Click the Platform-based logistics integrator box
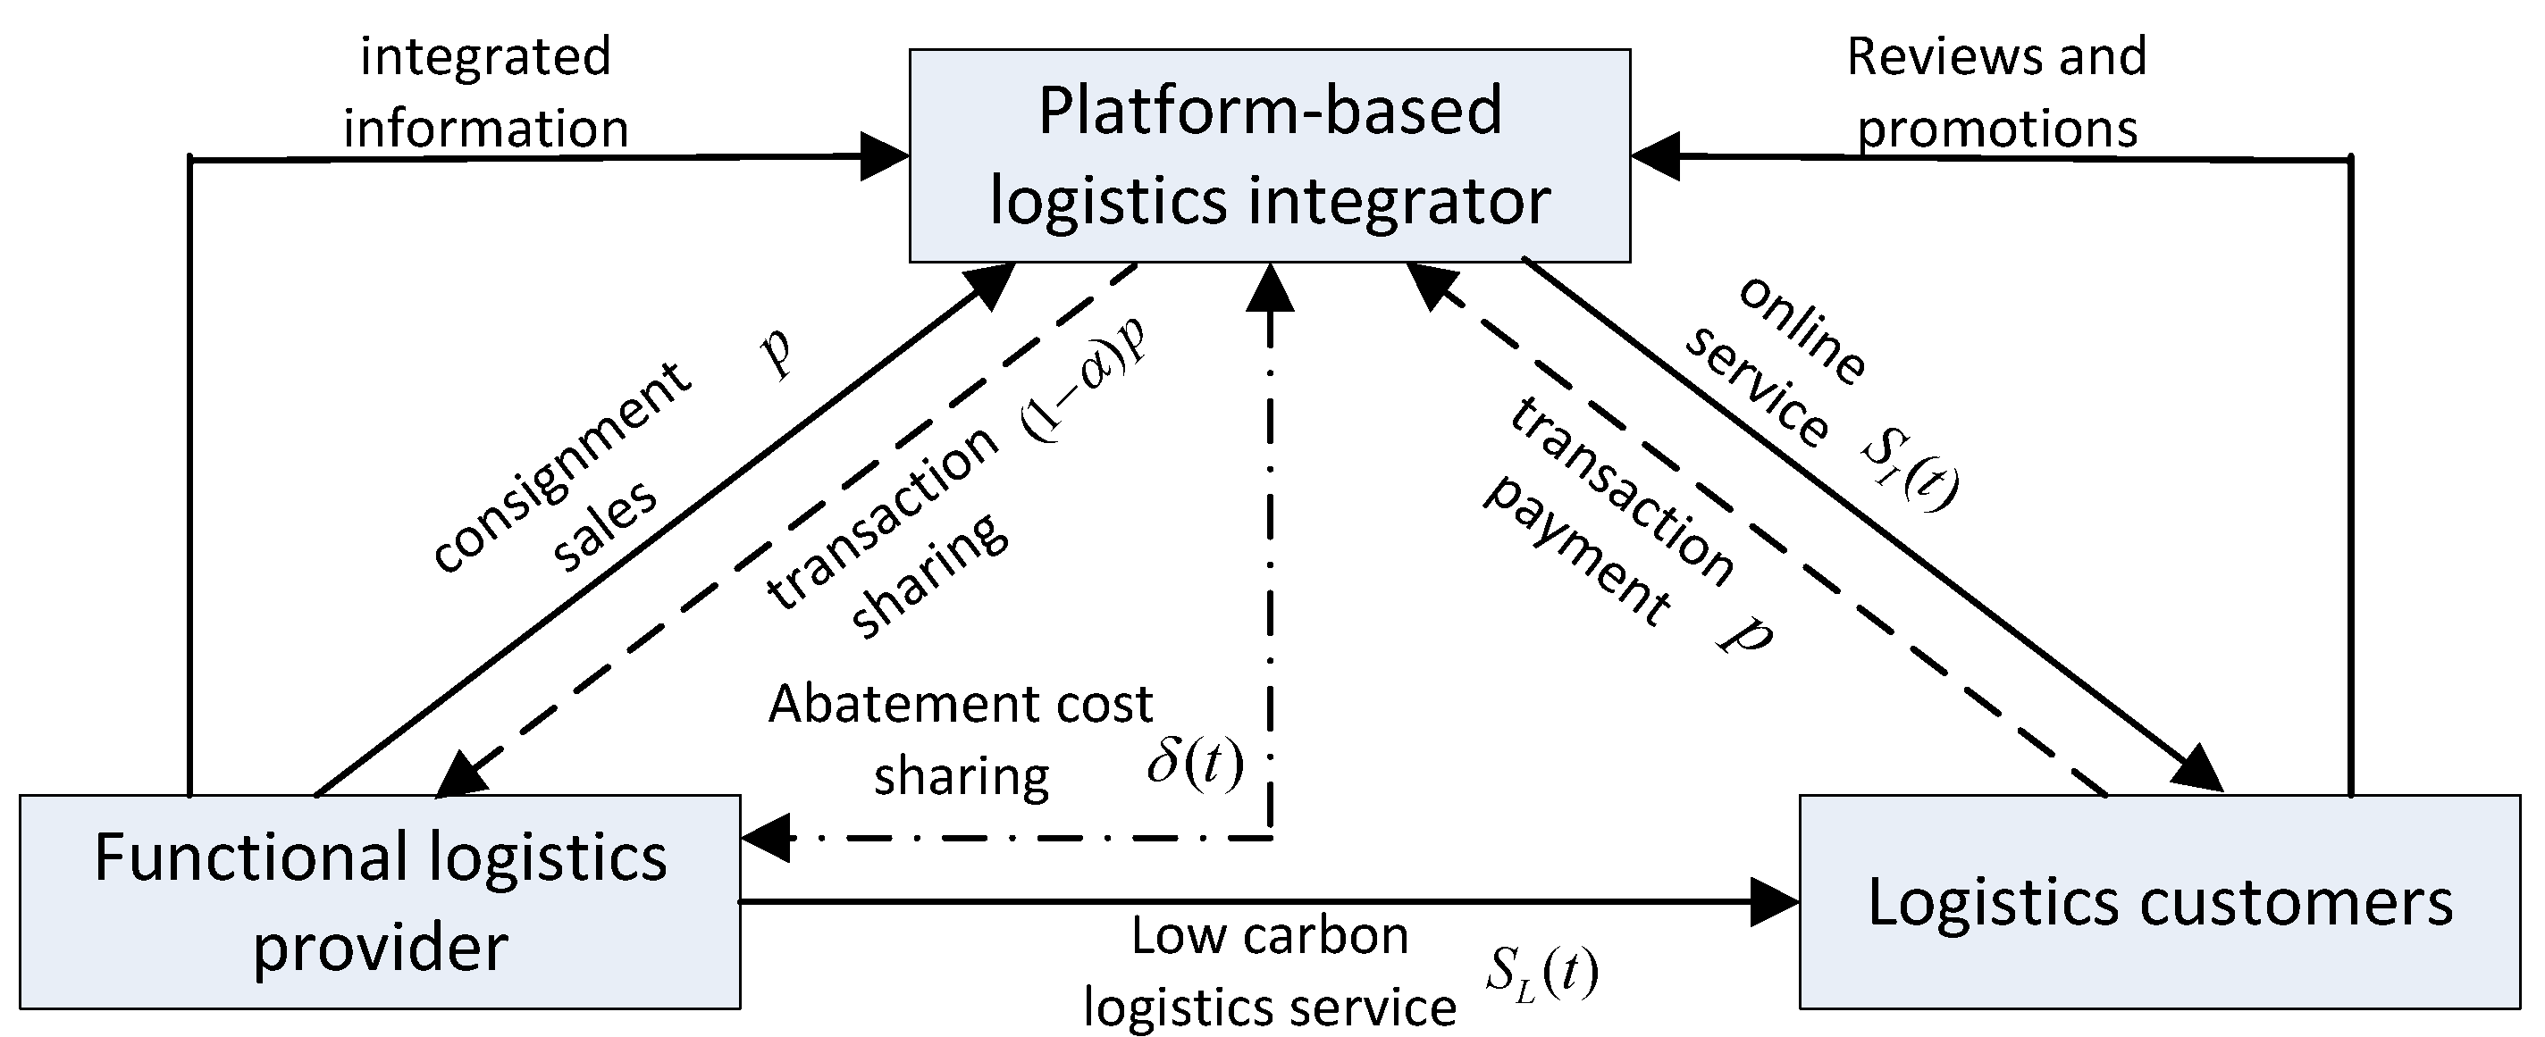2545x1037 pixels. point(1269,155)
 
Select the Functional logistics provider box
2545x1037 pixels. point(380,900)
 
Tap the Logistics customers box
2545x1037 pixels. point(2159,900)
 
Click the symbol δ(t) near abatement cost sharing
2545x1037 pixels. point(1195,764)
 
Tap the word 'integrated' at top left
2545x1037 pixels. point(485,56)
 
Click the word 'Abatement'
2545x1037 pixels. point(895,704)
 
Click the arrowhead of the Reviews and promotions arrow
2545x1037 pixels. point(1655,156)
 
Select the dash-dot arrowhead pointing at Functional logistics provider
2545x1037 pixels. point(765,839)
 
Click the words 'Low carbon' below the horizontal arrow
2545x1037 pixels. point(1269,936)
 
